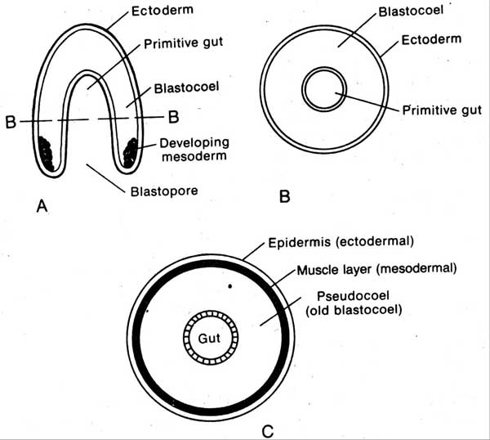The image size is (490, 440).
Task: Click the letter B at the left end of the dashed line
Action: click(x=12, y=122)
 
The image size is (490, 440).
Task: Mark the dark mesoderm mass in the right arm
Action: click(x=130, y=153)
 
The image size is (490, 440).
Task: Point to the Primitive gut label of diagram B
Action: click(x=443, y=111)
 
